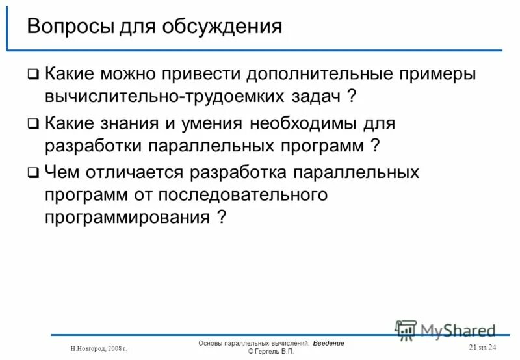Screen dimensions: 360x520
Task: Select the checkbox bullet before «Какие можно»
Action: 32,75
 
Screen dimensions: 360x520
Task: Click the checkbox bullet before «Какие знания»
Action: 32,123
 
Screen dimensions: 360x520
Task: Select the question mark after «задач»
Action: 351,96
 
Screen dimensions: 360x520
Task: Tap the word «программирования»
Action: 127,218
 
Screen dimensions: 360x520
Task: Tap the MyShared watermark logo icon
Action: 406,329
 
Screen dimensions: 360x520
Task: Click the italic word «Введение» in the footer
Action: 328,343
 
